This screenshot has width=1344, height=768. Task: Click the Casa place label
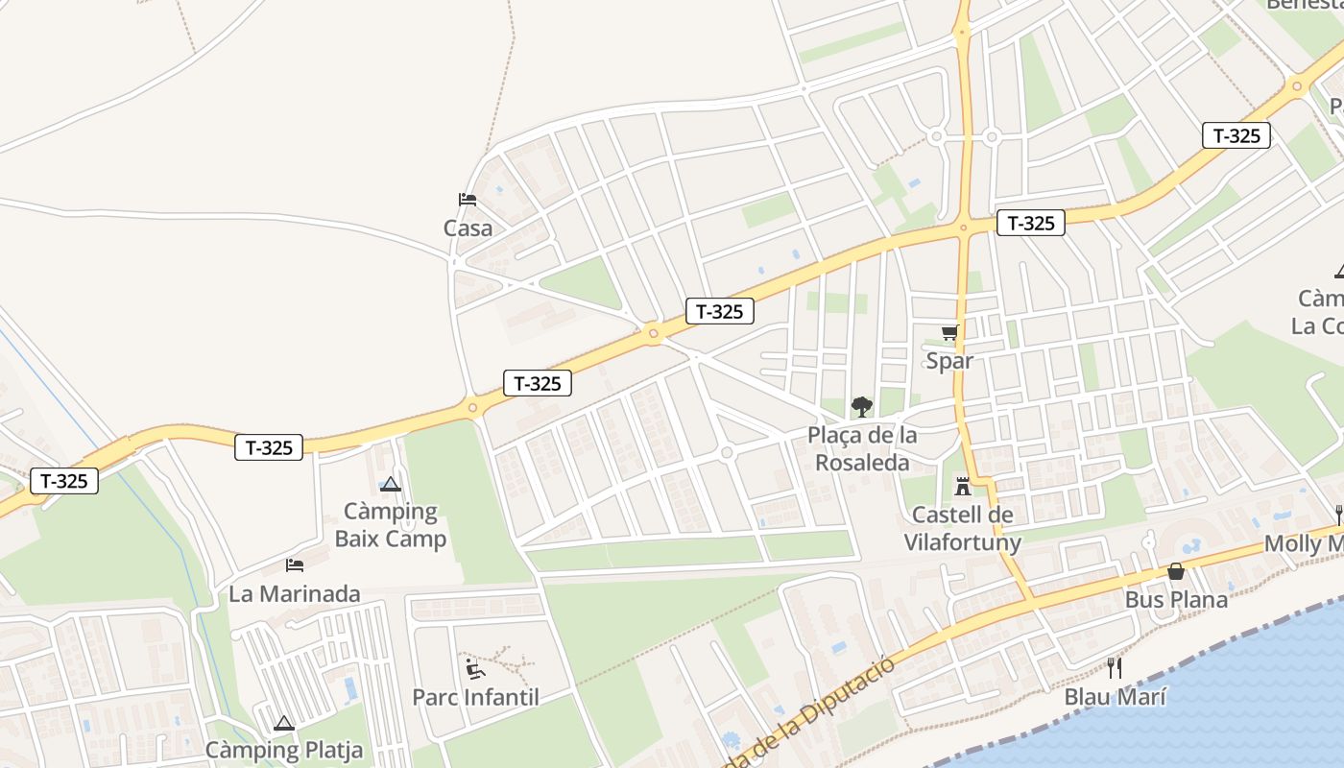(468, 228)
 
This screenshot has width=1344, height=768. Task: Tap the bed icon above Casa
(468, 200)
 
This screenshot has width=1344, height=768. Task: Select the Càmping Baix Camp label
(390, 524)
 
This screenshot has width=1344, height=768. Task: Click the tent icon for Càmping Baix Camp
(390, 485)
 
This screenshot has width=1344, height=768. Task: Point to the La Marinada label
(295, 594)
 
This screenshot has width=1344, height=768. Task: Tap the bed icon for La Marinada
(295, 565)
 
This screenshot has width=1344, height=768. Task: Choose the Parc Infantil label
(475, 697)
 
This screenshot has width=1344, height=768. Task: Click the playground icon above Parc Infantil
(475, 667)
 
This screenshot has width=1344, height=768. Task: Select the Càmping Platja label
(284, 750)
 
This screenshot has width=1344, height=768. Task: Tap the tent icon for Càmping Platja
(283, 723)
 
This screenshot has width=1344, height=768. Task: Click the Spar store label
(949, 361)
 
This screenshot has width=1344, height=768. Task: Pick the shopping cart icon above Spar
(949, 333)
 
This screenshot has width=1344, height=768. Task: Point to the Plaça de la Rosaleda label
(862, 448)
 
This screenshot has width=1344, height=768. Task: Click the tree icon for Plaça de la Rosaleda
(862, 406)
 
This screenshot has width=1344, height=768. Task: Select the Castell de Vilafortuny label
(962, 529)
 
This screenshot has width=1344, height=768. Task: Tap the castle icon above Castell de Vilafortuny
(963, 486)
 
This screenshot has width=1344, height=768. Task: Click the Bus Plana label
(1176, 600)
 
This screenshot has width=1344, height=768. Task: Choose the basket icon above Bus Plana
(1176, 572)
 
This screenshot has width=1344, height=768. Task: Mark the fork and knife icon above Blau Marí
(1115, 667)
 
